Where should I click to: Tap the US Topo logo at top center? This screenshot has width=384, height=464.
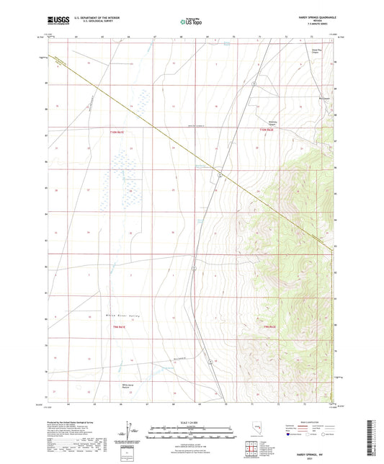(189, 22)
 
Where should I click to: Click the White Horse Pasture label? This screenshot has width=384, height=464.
(110, 385)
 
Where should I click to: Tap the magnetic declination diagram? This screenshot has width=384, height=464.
(128, 428)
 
